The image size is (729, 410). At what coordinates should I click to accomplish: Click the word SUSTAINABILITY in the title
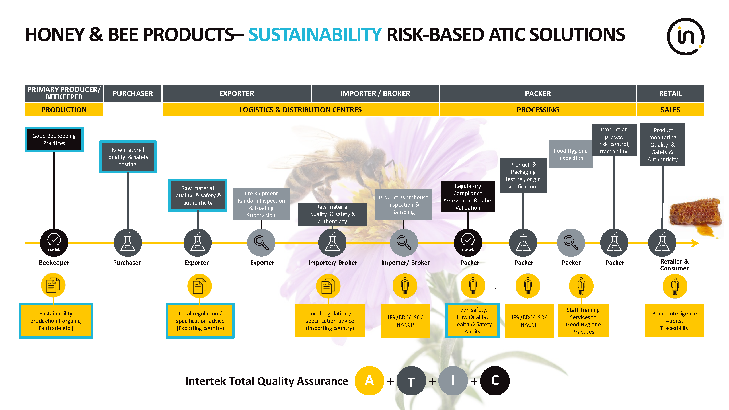tap(315, 35)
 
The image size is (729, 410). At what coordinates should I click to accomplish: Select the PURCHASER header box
tap(133, 93)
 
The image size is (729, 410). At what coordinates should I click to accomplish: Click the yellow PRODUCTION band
tap(64, 110)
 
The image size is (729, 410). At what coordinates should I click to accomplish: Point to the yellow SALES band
tap(670, 110)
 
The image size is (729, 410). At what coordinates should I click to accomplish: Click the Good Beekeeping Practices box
tap(54, 140)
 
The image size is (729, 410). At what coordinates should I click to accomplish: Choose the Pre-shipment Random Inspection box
tap(261, 204)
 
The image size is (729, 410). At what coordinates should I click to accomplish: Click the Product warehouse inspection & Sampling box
tap(404, 204)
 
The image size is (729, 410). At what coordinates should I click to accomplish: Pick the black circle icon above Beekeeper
tap(54, 243)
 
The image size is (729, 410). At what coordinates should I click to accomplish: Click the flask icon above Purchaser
tap(128, 243)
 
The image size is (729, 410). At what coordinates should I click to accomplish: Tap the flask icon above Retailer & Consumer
tap(662, 243)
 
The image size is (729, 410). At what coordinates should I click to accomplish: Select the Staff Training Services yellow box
tap(583, 321)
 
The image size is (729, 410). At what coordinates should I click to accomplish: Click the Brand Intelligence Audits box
tap(674, 321)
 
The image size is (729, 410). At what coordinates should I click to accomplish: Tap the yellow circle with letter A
tap(369, 381)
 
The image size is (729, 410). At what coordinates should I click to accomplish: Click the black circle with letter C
tap(495, 381)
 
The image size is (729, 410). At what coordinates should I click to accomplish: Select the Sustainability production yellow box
tap(56, 321)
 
